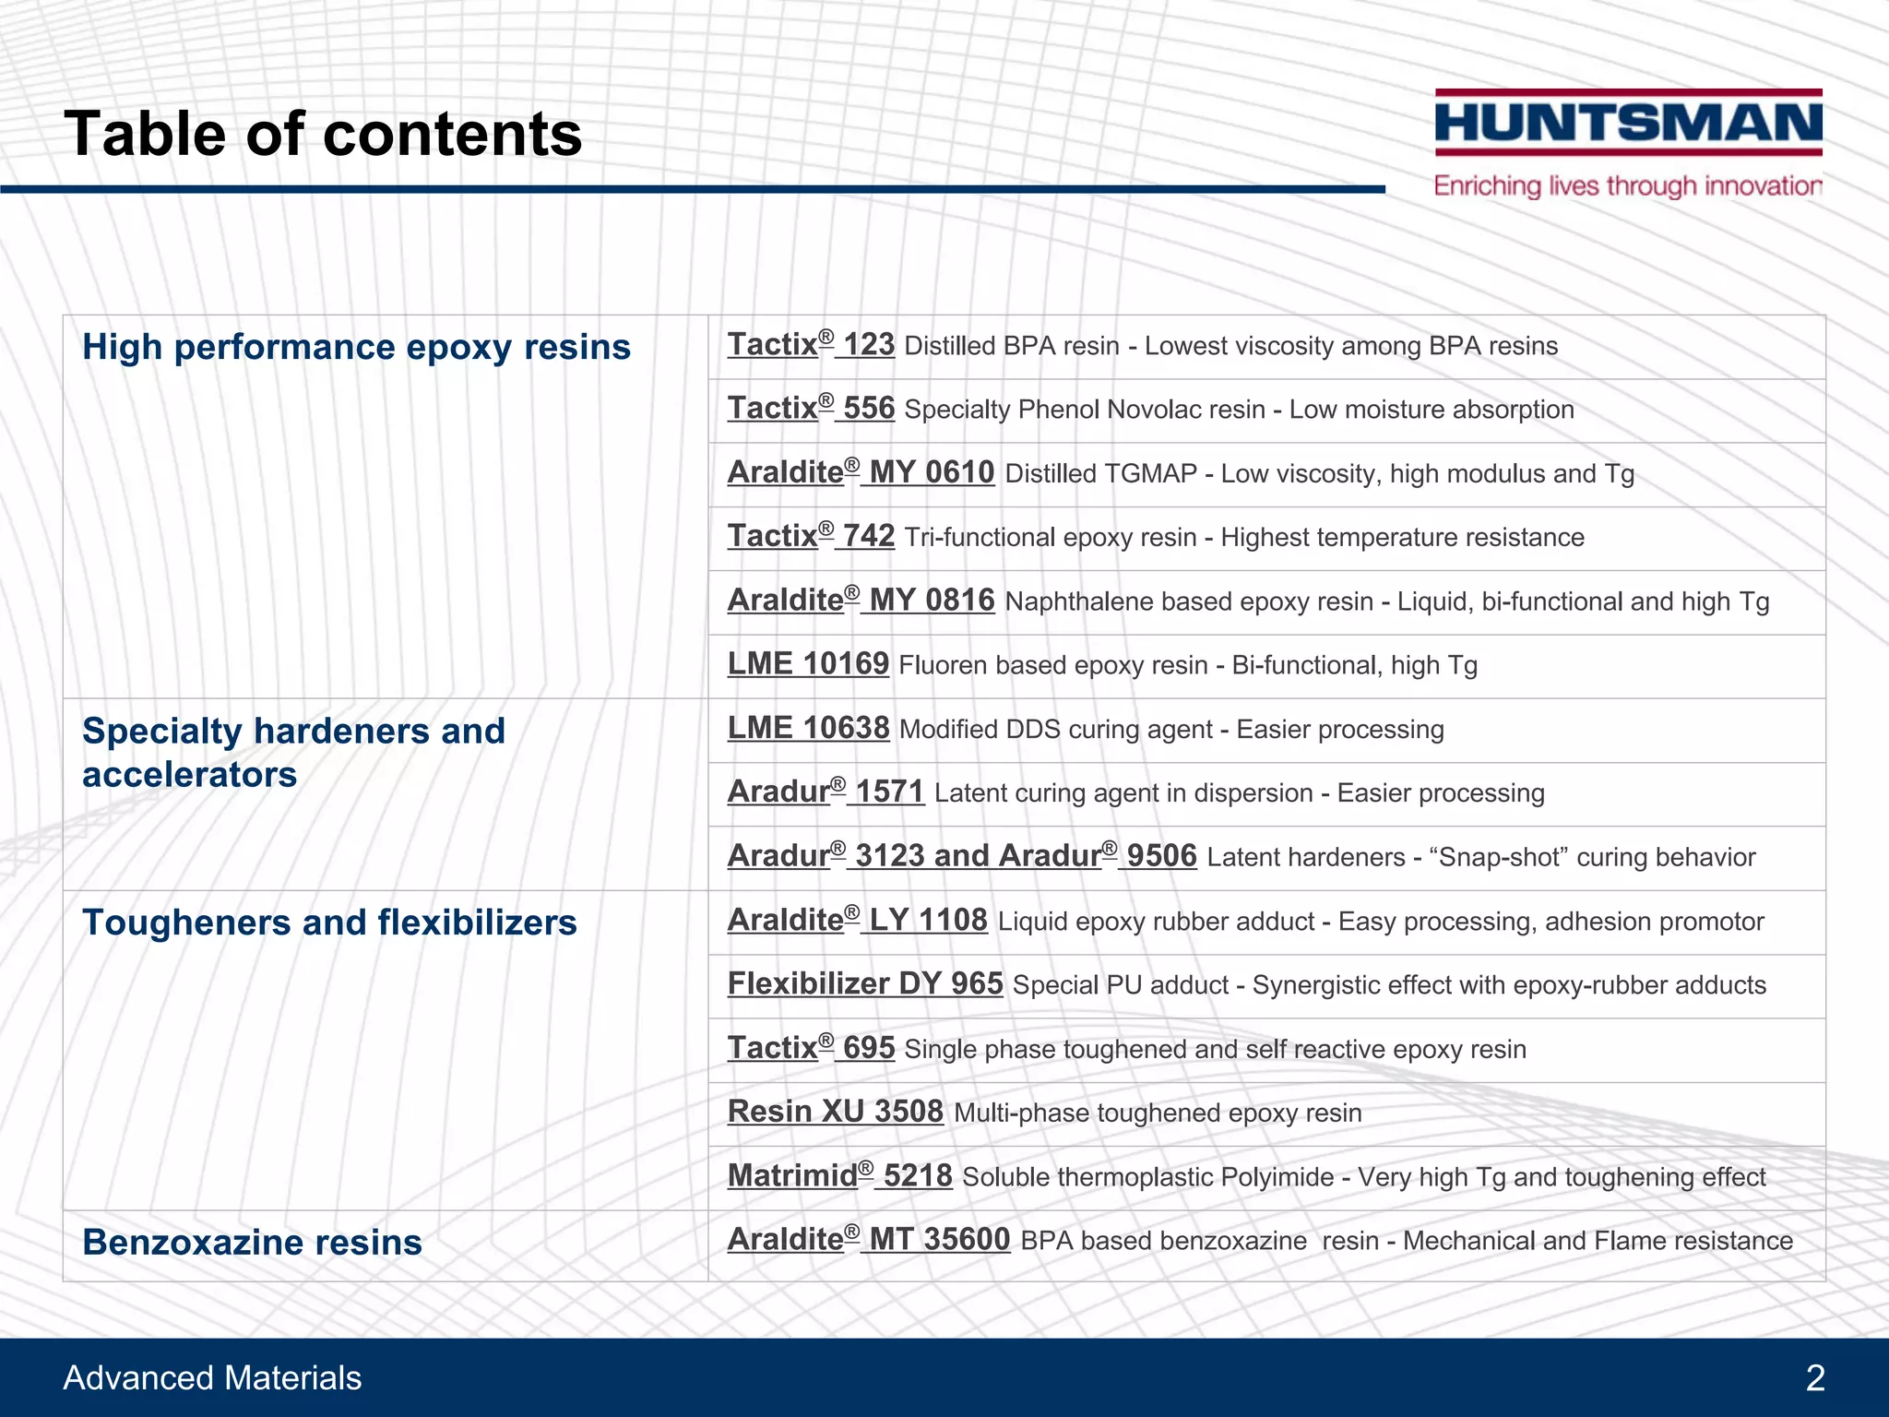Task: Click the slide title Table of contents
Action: (323, 134)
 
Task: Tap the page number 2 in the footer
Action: (1815, 1378)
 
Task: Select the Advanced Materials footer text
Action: (212, 1378)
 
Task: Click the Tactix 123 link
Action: (811, 346)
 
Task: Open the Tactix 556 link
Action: (811, 410)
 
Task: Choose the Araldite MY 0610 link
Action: (861, 473)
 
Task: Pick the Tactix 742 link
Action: (811, 537)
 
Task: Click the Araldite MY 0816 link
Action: (861, 601)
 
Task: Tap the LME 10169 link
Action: (808, 664)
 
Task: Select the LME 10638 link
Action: (808, 728)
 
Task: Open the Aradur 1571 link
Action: (826, 792)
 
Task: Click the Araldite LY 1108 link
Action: (857, 921)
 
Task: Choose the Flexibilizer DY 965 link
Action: (865, 984)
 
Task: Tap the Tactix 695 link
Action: (811, 1049)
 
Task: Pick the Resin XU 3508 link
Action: (835, 1113)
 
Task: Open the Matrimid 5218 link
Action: (839, 1176)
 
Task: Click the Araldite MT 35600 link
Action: (869, 1240)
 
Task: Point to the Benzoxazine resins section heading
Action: (252, 1243)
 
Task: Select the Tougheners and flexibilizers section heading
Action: (329, 923)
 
